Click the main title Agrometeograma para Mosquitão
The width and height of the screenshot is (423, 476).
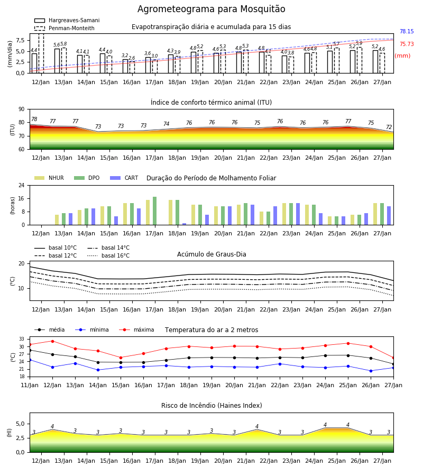[211, 9]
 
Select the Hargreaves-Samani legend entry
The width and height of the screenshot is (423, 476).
[67, 20]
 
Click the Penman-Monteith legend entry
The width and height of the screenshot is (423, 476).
[65, 28]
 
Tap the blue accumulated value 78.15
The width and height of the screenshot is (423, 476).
[407, 31]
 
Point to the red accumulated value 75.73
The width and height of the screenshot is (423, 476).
[407, 44]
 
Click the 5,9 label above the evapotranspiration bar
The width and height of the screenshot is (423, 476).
[359, 43]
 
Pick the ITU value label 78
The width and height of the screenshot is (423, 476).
[34, 119]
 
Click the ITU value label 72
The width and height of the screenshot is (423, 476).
[389, 127]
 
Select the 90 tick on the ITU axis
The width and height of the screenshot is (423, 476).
[21, 109]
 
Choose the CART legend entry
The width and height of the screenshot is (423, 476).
[124, 178]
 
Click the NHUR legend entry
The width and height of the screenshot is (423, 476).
[49, 178]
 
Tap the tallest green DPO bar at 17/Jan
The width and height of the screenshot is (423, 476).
[155, 211]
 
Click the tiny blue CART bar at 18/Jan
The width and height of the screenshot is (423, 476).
[184, 224]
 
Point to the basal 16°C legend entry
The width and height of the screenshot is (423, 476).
[108, 255]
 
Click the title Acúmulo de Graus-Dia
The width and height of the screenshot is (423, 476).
[212, 254]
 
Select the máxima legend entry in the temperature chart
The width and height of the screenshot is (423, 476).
[136, 329]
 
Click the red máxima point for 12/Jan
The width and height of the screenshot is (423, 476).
[52, 341]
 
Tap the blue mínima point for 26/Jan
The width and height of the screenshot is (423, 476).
[371, 371]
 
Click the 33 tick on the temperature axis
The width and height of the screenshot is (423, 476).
[22, 339]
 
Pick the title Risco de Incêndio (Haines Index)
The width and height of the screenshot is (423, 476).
[212, 406]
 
